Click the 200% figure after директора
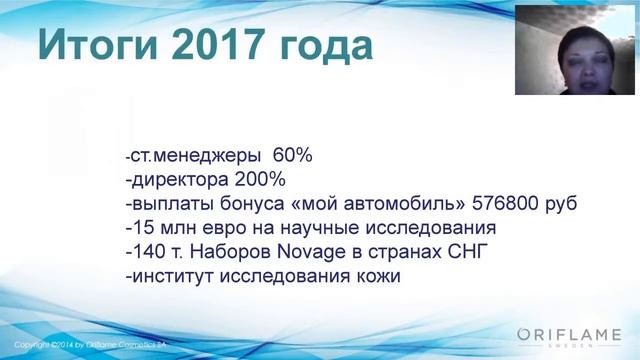pos(259,180)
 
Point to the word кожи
pos(376,276)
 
